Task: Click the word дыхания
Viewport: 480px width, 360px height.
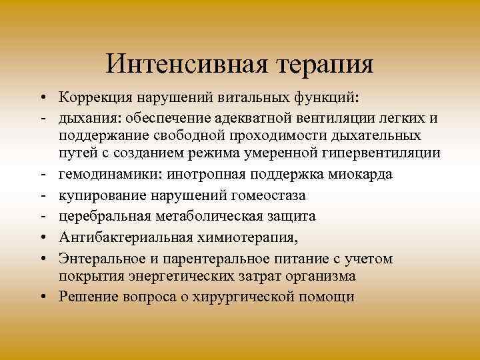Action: coord(83,119)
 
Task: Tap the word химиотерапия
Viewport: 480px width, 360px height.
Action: coord(236,237)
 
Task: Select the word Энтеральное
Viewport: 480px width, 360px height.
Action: coord(97,258)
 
